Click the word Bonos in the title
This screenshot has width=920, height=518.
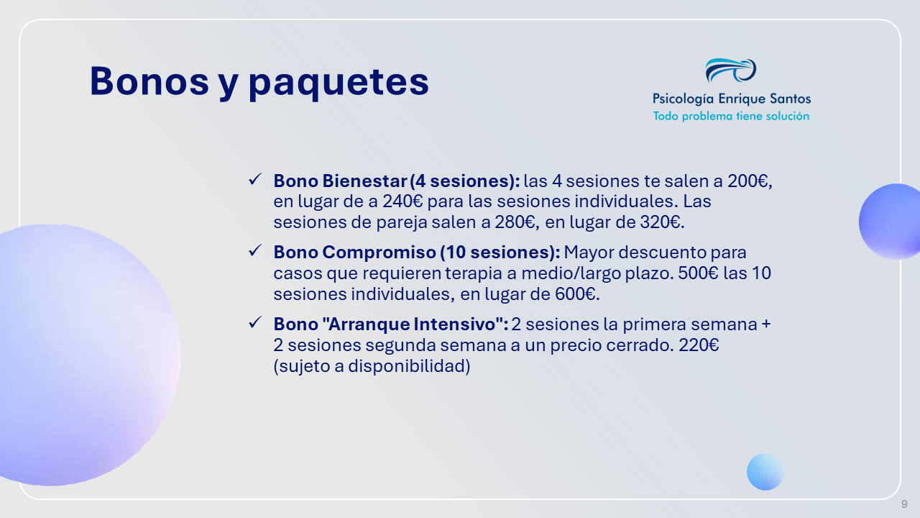[149, 81]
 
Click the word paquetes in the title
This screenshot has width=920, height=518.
[339, 83]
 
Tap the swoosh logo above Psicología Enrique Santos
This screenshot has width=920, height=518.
[731, 71]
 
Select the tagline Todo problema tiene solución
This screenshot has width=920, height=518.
[731, 117]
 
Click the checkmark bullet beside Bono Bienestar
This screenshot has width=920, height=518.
[255, 179]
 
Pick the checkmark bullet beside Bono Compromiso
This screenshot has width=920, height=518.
[255, 250]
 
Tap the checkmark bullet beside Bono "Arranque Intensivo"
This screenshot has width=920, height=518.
[255, 322]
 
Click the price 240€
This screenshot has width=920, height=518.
[402, 201]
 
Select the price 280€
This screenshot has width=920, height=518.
[515, 222]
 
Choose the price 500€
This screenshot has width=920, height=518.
[698, 273]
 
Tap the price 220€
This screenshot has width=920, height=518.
[699, 345]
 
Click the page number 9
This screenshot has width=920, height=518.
[904, 504]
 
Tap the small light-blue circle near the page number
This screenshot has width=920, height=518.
[765, 471]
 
